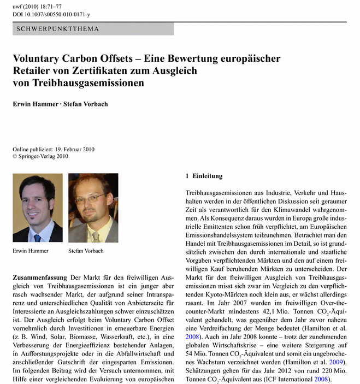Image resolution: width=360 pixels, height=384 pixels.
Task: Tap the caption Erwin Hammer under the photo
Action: [31, 251]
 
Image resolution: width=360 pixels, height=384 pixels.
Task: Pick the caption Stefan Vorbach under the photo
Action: [86, 251]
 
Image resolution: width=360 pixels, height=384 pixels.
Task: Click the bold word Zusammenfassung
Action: [40, 278]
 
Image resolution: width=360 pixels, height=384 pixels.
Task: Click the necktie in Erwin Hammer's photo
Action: [37, 237]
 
